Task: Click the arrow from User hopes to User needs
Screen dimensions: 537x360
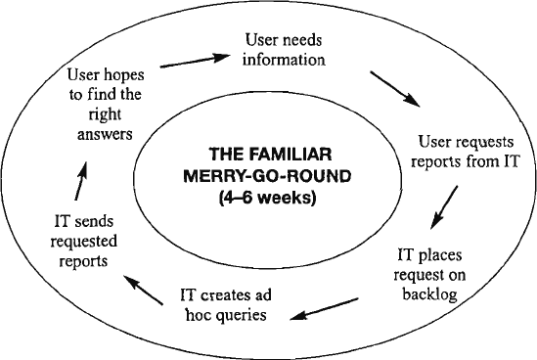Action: click(196, 61)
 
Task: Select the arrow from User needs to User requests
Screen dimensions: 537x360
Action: click(395, 89)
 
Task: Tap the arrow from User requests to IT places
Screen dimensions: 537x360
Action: click(444, 207)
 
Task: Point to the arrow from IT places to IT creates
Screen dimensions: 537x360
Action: click(324, 309)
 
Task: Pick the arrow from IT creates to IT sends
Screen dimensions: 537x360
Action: click(143, 290)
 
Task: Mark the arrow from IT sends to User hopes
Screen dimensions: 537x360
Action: click(81, 181)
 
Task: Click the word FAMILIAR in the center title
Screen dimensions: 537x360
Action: click(291, 155)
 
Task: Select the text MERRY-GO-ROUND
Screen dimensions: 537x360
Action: click(267, 176)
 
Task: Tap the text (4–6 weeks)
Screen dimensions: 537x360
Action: click(267, 198)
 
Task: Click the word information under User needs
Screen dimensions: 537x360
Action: click(284, 60)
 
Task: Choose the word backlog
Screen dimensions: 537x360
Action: click(429, 293)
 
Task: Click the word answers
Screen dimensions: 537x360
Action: click(105, 134)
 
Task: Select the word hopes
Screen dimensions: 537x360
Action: click(124, 75)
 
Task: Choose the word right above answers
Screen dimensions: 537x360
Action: click(105, 114)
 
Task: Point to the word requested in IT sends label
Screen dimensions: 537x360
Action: click(84, 242)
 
